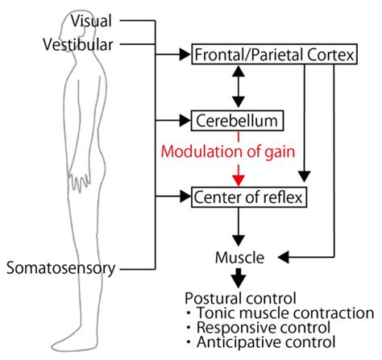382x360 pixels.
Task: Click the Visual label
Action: tap(92, 19)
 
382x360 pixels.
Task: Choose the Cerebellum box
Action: tap(239, 122)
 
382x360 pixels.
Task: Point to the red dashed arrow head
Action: tap(237, 180)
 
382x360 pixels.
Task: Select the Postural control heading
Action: tap(241, 297)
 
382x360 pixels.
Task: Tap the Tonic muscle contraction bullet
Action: tap(279, 312)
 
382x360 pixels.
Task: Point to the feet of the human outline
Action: tap(77, 343)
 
